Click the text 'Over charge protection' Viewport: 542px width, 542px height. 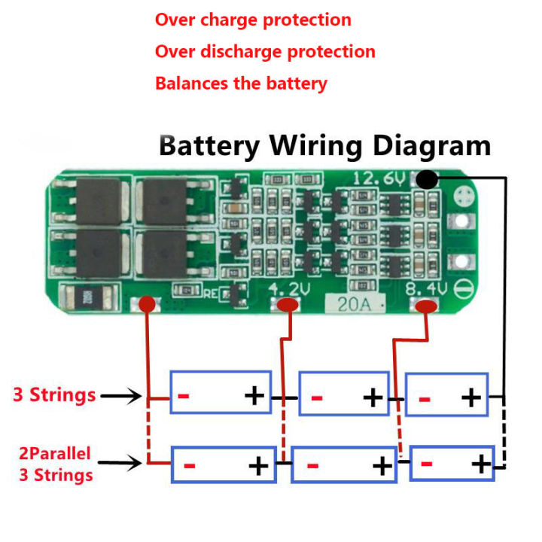253,20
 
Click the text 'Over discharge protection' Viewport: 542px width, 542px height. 265,52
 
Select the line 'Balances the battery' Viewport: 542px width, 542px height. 241,83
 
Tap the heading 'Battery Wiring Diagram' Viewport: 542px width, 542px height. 324,145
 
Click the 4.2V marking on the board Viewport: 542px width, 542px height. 288,288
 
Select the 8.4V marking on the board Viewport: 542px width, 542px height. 426,288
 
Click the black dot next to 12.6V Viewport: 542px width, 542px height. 427,180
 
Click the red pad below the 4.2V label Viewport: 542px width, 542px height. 288,305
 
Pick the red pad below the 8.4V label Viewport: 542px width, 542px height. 426,306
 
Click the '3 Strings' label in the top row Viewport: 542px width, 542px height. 54,394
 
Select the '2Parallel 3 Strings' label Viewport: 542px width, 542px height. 56,464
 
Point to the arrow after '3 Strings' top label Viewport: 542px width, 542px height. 120,395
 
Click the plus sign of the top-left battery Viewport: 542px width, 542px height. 255,395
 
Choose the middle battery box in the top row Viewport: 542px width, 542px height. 344,394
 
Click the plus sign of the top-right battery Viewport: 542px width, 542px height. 470,395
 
